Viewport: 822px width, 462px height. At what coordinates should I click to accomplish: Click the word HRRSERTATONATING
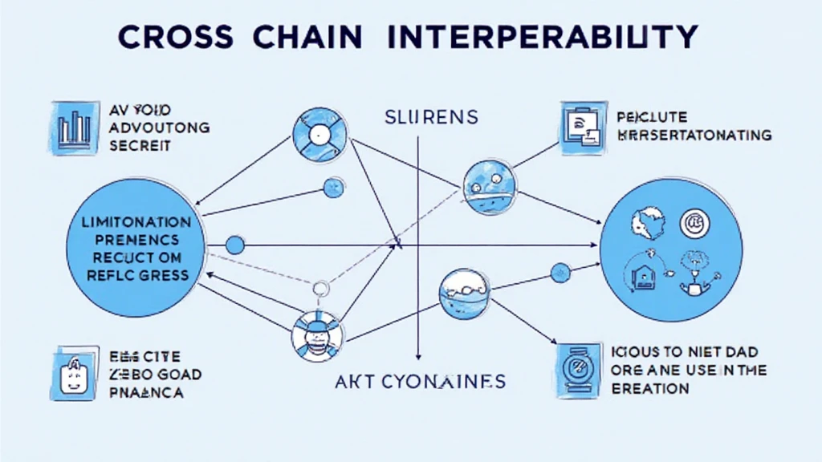pyautogui.click(x=694, y=135)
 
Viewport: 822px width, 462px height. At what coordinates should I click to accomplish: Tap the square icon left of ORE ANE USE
pyautogui.click(x=579, y=371)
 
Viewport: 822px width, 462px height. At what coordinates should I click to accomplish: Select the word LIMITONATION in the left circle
pyautogui.click(x=137, y=221)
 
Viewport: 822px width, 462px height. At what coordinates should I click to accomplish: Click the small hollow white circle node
pyautogui.click(x=322, y=288)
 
